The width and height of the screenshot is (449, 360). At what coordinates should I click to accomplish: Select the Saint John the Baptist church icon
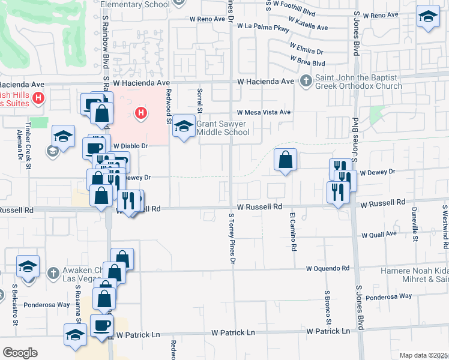(306, 80)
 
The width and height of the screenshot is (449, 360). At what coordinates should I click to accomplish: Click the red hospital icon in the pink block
(141, 112)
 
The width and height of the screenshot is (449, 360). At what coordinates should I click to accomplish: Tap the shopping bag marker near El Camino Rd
(286, 160)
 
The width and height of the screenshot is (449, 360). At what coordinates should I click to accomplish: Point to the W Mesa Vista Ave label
(264, 112)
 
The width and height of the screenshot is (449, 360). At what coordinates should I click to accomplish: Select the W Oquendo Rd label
(327, 269)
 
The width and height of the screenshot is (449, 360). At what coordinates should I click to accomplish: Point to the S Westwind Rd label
(445, 227)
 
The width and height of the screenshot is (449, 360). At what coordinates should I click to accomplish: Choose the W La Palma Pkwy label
(263, 26)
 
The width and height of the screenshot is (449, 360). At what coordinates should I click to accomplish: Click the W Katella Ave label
(309, 28)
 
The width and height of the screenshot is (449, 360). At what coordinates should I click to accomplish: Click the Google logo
(20, 353)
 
